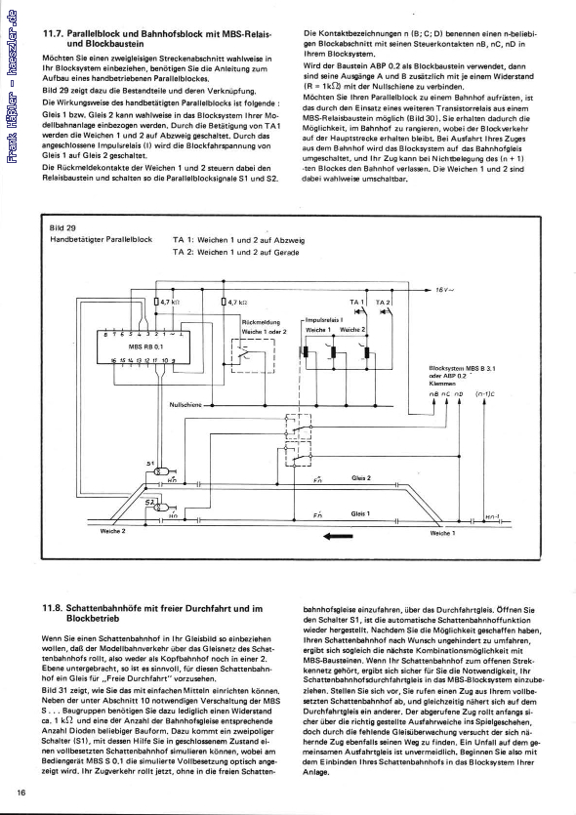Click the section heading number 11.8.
51,609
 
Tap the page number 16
21,792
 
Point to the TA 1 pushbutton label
357,304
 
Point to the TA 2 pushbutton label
383,304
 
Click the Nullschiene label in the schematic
185,403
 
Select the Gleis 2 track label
361,478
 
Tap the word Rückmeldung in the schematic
260,322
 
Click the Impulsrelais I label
322,319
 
